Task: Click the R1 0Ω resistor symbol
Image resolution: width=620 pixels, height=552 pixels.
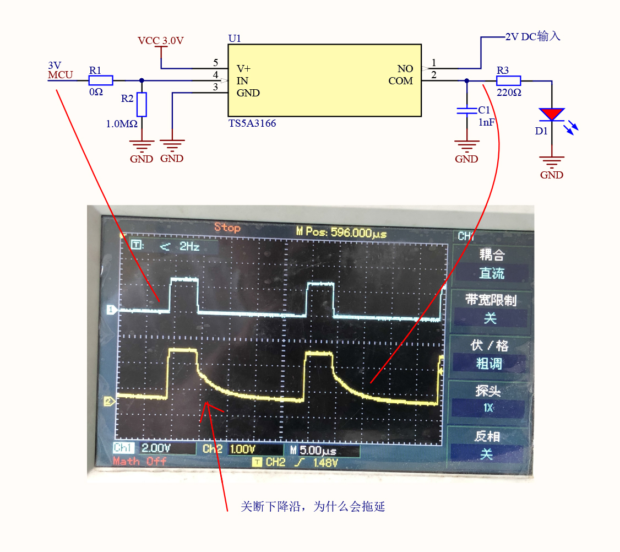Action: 101,80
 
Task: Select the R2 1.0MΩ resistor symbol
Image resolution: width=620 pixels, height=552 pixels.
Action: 142,105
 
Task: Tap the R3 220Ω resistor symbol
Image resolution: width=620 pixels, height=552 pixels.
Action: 508,80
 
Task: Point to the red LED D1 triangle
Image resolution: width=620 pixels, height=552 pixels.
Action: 552,114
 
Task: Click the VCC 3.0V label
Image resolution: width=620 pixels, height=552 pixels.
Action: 160,41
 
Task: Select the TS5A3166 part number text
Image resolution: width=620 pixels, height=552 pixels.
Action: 252,123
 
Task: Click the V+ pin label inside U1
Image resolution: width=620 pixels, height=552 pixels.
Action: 243,69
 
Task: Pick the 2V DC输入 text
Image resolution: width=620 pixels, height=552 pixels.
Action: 532,36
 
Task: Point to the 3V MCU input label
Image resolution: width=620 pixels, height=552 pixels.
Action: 60,70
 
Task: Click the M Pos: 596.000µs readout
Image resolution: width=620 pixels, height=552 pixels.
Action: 341,234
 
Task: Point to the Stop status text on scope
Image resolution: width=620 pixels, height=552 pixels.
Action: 227,228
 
